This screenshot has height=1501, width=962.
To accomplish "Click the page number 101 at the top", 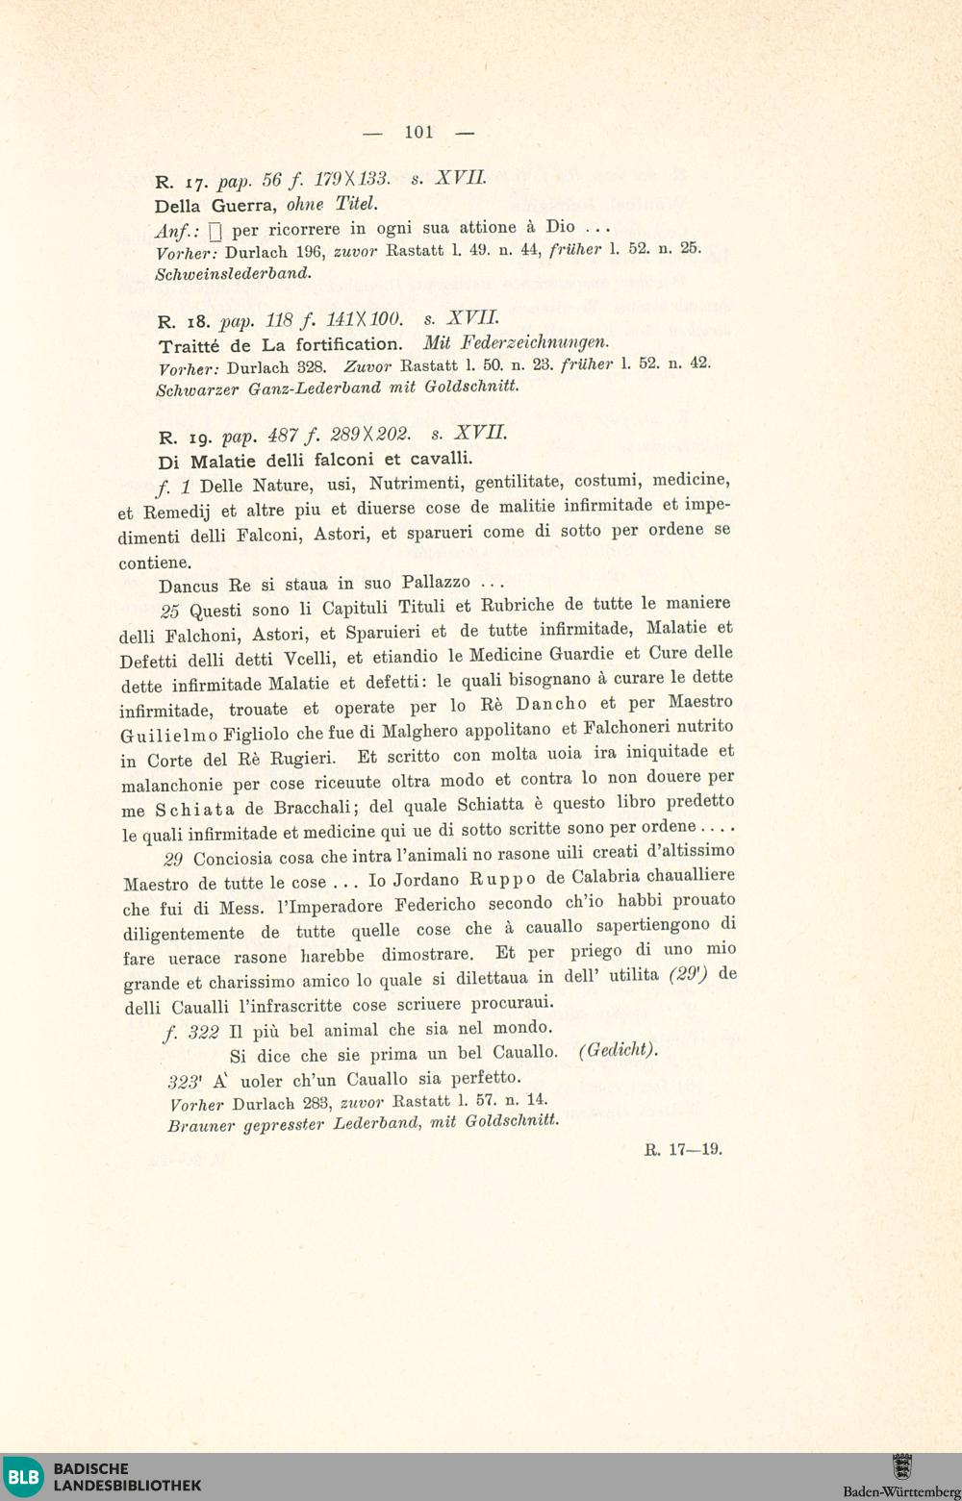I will coord(418,132).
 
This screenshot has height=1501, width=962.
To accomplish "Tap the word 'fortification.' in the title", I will coord(349,343).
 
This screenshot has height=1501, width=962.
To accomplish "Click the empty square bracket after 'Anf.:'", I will coord(215,231).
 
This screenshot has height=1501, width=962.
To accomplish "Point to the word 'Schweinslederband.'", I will coord(234,273).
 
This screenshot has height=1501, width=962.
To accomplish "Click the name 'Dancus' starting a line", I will coord(190,585).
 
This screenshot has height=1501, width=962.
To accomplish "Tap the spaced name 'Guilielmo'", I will coord(168,736).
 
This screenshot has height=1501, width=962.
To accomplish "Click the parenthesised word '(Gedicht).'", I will coord(618,1050).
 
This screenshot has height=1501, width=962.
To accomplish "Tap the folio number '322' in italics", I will coord(204,1032).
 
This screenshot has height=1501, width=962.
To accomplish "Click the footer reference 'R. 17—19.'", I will coord(683,1149).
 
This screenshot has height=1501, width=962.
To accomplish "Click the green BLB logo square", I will coord(24,1476).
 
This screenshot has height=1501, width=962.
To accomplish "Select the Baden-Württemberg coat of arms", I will coord(901,1466).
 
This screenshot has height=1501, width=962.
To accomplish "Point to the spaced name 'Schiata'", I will coord(196,809).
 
